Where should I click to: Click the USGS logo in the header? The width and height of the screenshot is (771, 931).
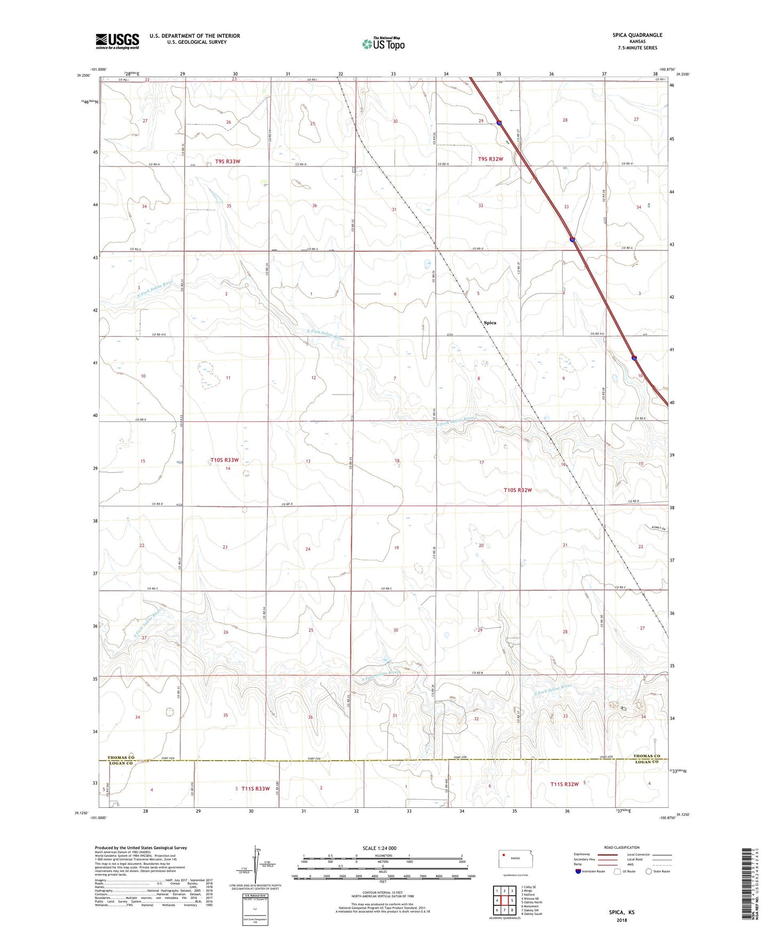coord(117,41)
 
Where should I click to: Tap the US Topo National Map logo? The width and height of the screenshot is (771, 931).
coord(383,44)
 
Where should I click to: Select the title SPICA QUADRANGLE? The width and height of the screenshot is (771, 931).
coord(637,35)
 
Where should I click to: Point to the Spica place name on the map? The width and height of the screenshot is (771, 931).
coord(490,323)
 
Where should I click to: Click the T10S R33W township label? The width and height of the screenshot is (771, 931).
coord(224,460)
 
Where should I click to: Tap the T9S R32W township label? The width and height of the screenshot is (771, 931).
coord(490,159)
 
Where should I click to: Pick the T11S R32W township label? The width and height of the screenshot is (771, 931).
coord(564,784)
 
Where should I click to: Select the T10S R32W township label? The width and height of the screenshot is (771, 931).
coord(518,490)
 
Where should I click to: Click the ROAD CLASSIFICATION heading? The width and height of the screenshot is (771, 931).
coord(622,847)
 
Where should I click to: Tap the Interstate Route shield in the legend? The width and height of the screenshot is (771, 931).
coord(578,871)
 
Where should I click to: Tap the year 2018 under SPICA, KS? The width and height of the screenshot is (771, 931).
coord(622,920)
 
